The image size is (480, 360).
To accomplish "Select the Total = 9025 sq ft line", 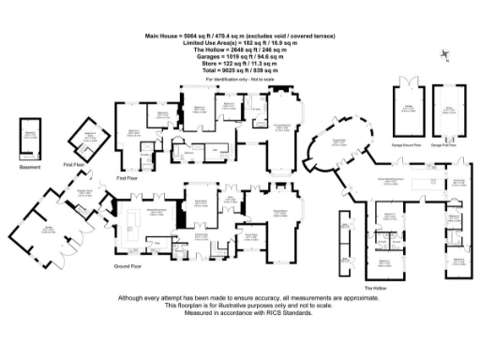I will [239, 71].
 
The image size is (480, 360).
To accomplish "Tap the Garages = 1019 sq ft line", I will [239, 56].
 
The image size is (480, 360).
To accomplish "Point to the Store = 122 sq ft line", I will [239, 64].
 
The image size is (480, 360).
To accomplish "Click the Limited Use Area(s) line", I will [239, 42].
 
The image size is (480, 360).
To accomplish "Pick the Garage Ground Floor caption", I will [409, 146].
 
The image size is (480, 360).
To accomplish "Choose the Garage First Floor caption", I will [449, 146].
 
